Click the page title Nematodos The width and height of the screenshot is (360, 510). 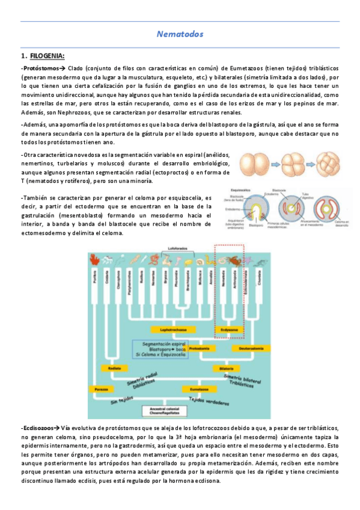180,35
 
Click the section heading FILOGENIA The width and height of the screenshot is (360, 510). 47,57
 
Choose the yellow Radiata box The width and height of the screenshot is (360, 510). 115,367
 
